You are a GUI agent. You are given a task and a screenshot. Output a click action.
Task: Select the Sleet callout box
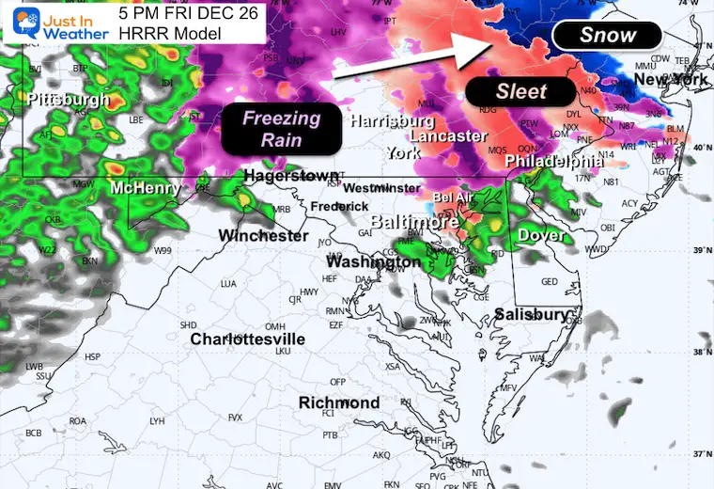(x=520, y=91)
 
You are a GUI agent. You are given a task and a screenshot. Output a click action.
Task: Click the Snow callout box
(x=607, y=36)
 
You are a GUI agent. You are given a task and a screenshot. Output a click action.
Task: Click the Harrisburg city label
(x=392, y=121)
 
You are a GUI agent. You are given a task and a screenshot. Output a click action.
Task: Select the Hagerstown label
(x=290, y=176)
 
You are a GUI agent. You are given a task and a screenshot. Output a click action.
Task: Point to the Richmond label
(x=339, y=402)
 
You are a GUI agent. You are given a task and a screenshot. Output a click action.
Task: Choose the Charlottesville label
(x=247, y=339)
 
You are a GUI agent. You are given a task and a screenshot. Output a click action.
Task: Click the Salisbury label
(x=532, y=314)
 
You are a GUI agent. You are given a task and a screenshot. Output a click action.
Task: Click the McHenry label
(x=145, y=188)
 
